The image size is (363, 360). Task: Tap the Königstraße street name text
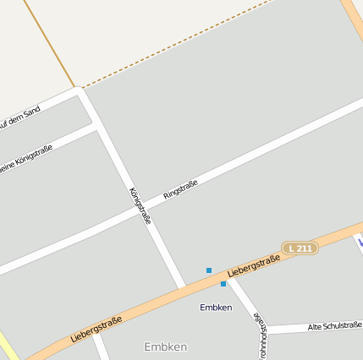[x=140, y=205]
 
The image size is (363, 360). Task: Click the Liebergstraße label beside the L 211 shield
[x=254, y=265]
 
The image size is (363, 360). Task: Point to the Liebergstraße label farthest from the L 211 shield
[x=96, y=328]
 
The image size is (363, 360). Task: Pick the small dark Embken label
[x=216, y=307]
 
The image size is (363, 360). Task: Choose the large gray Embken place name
[x=165, y=346]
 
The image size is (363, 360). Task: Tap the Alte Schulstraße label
[x=334, y=325]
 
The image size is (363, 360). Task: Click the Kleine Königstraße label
[x=25, y=158]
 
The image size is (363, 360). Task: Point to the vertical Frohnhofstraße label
[x=261, y=338]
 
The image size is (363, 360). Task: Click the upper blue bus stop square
[x=209, y=270]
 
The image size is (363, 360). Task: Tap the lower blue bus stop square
[x=223, y=284]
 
